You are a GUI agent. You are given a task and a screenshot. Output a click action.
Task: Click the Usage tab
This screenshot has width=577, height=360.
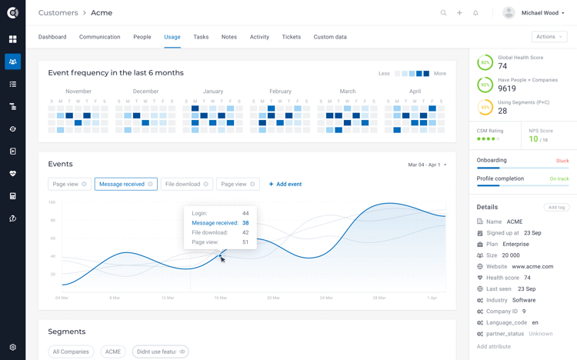pyautogui.click(x=172, y=37)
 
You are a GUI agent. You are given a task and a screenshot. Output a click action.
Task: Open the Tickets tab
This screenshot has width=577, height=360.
pyautogui.click(x=291, y=37)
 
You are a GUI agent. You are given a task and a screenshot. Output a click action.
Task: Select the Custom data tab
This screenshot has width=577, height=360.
pyautogui.click(x=330, y=37)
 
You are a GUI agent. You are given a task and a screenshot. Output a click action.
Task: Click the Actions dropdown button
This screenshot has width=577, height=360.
pyautogui.click(x=549, y=37)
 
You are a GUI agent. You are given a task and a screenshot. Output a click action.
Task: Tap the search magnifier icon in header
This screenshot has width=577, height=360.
pyautogui.click(x=443, y=13)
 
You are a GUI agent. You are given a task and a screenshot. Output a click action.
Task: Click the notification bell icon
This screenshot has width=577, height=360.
pyautogui.click(x=475, y=13)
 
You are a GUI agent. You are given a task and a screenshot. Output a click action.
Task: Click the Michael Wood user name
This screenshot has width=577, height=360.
pyautogui.click(x=540, y=13)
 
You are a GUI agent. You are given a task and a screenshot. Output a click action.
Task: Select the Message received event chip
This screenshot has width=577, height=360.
pyautogui.click(x=122, y=184)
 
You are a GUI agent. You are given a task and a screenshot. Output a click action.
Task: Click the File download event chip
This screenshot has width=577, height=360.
pyautogui.click(x=182, y=184)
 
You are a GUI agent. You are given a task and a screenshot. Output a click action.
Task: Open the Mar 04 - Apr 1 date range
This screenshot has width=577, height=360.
pyautogui.click(x=426, y=165)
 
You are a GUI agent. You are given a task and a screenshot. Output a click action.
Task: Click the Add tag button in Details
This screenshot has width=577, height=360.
pyautogui.click(x=555, y=207)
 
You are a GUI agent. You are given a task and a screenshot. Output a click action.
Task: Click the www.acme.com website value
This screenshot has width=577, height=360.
pyautogui.click(x=532, y=266)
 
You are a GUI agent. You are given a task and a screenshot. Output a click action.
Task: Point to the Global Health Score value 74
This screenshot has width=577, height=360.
pyautogui.click(x=502, y=67)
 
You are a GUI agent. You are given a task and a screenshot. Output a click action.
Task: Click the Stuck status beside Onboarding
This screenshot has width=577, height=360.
pyautogui.click(x=562, y=161)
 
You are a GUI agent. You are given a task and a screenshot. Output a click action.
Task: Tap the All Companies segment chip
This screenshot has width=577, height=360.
pyautogui.click(x=71, y=352)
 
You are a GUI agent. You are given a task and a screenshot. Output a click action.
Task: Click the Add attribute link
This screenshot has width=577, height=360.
pyautogui.click(x=493, y=346)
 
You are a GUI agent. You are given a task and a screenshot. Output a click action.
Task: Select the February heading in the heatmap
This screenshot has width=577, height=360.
pyautogui.click(x=280, y=92)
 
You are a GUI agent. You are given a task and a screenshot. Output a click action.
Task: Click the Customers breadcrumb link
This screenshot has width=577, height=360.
pyautogui.click(x=58, y=13)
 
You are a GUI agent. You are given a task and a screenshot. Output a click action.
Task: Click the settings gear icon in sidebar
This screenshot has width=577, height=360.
pyautogui.click(x=12, y=347)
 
